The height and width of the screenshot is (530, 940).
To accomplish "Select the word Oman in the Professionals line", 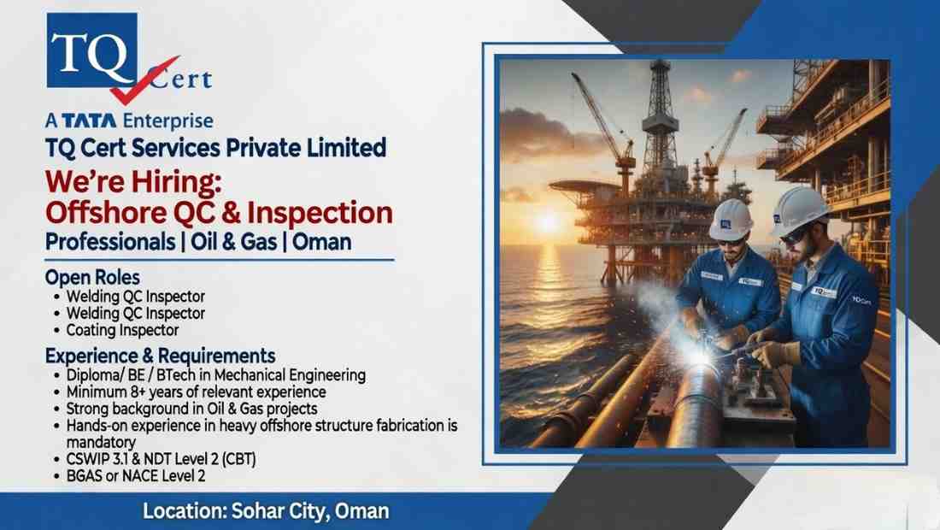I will click(321, 241).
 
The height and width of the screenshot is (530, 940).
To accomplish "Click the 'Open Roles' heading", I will click(92, 278).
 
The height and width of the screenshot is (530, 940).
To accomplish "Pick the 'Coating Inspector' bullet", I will click(123, 329).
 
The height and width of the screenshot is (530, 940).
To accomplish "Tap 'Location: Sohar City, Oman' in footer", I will click(266, 512).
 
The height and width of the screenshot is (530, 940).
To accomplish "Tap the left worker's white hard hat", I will click(731, 219).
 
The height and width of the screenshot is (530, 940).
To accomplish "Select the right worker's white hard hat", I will click(800, 209).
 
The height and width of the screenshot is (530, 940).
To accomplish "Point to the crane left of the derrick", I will click(604, 120).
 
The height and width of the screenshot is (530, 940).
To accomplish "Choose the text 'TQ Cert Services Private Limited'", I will click(214, 147).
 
